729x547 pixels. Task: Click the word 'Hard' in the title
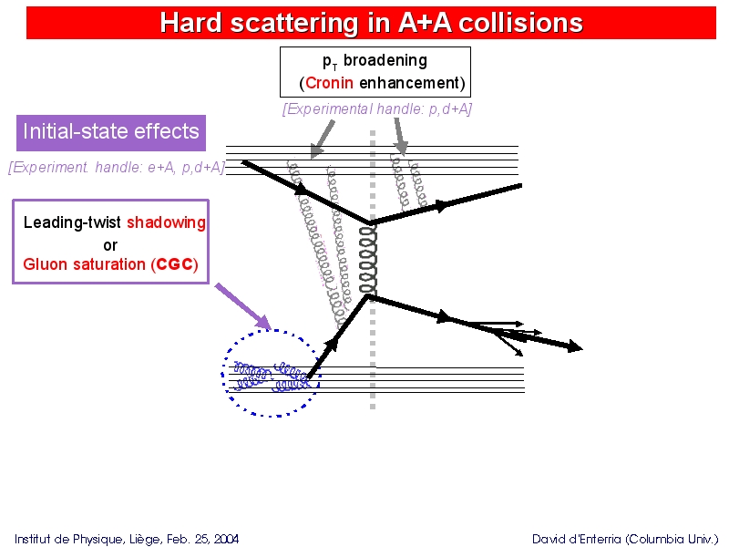click(x=190, y=22)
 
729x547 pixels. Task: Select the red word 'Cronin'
click(x=329, y=83)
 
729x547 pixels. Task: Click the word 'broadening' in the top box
click(x=385, y=60)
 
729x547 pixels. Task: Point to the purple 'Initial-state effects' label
click(x=111, y=132)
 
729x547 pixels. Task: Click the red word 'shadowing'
click(x=166, y=222)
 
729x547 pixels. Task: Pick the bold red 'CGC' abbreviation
click(x=175, y=264)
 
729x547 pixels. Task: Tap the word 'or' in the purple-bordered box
click(x=110, y=245)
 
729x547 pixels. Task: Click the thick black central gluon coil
click(x=368, y=259)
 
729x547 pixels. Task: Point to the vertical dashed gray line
click(x=373, y=270)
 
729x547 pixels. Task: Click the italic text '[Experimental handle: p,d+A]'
click(x=377, y=108)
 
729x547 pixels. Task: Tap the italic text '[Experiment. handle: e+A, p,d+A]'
click(x=117, y=167)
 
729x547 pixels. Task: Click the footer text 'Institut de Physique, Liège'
click(x=88, y=539)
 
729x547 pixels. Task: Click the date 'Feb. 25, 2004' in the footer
click(x=202, y=539)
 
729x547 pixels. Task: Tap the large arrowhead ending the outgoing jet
click(x=575, y=346)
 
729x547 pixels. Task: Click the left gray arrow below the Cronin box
click(x=323, y=139)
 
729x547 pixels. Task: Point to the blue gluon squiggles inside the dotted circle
click(x=271, y=376)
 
